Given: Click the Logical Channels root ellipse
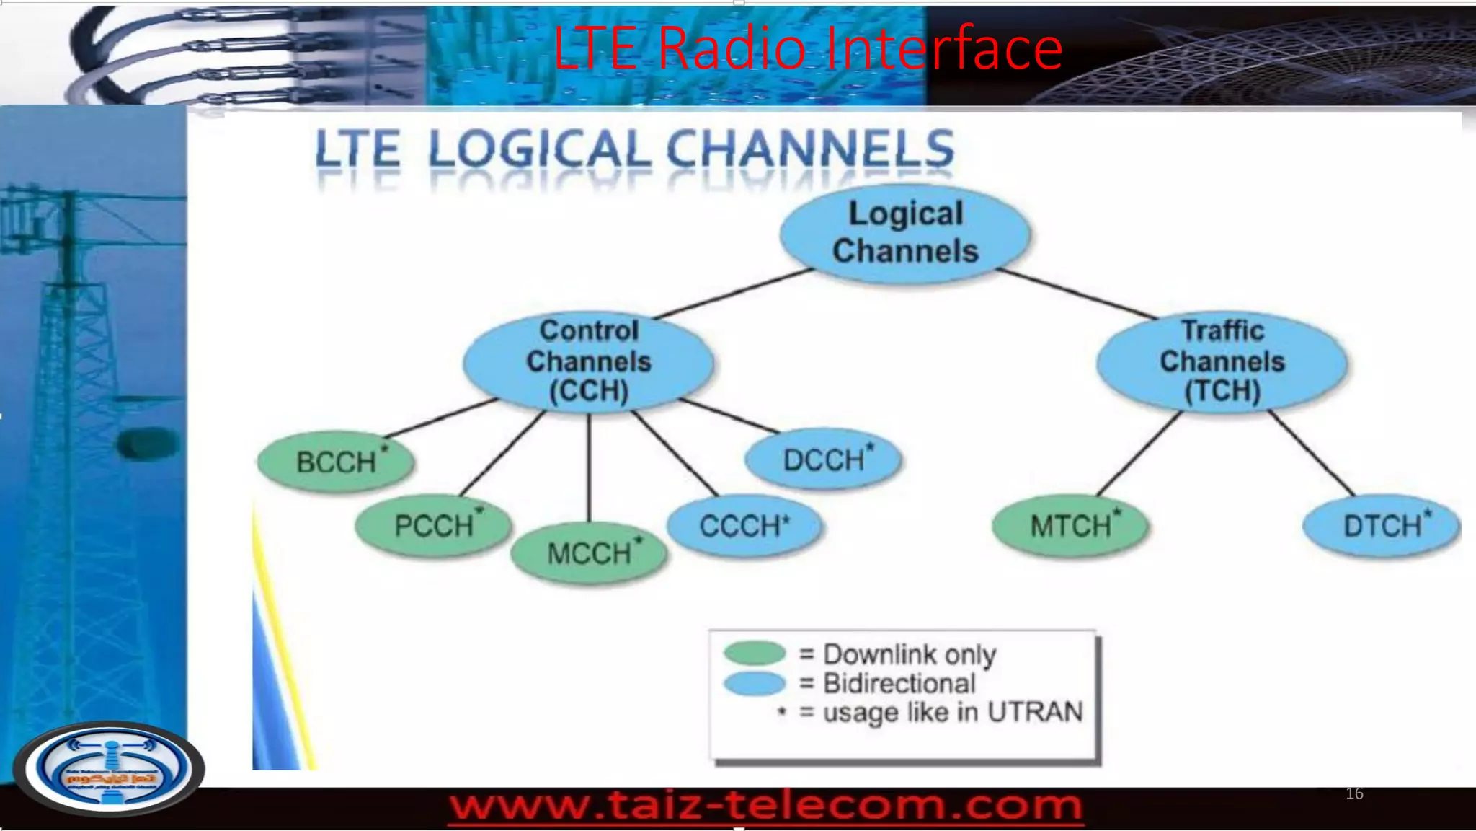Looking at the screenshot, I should (905, 233).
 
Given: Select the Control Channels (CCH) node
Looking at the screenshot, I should (589, 361).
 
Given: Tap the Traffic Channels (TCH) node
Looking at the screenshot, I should (1222, 361).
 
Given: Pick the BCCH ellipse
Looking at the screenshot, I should (337, 462).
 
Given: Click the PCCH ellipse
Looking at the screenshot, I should (434, 525).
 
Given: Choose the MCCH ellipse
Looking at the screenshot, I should (589, 553).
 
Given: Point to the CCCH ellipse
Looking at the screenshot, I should (744, 526).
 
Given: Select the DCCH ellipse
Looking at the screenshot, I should (824, 460).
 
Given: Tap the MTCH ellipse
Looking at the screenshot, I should (1070, 526).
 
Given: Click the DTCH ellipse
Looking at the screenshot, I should (1382, 526).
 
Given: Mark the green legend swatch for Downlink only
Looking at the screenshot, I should (755, 653).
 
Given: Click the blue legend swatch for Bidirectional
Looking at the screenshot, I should (755, 683).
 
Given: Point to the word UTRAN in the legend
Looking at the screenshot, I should (1035, 713).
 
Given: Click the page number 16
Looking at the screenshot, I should (1354, 793).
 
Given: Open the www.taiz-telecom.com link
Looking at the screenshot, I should (765, 805).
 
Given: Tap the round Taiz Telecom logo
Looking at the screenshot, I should (109, 769).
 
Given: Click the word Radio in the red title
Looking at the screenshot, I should (732, 48).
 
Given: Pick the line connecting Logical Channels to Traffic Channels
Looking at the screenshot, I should (1077, 294).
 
